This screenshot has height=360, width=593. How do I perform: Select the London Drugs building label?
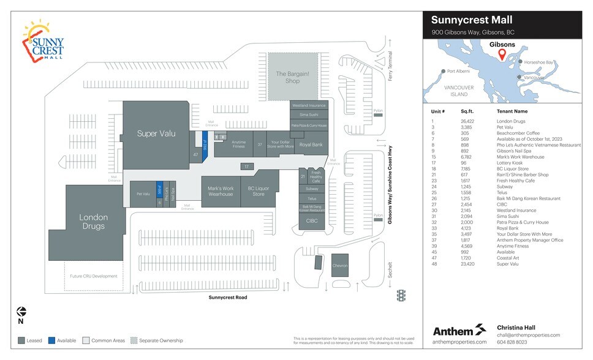(x=93, y=222)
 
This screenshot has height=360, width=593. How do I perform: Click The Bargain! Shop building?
(x=292, y=77)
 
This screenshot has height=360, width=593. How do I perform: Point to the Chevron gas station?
(x=340, y=266)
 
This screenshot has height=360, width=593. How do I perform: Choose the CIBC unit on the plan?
(x=311, y=220)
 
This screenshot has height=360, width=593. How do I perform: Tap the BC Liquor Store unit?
(x=259, y=192)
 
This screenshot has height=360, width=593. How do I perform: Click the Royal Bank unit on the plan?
(x=311, y=144)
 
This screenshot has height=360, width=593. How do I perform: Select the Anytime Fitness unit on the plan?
(x=238, y=145)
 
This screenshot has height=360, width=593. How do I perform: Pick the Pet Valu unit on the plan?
(x=143, y=194)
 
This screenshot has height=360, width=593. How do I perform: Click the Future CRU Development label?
(x=94, y=276)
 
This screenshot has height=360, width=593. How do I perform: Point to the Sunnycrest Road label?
(x=227, y=298)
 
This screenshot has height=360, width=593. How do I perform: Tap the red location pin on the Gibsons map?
(x=502, y=55)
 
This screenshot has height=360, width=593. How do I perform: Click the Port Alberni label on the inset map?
(x=458, y=71)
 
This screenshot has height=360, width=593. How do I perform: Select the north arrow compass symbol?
(x=21, y=313)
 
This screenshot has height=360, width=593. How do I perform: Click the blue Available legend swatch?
(x=53, y=340)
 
